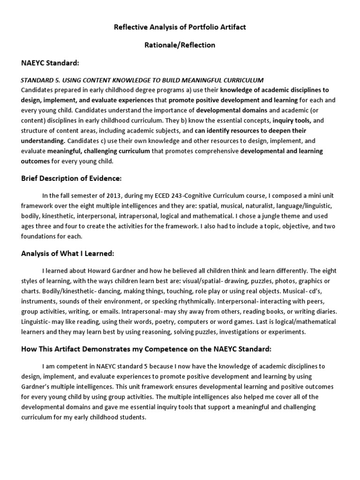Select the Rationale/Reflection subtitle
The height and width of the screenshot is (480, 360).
click(x=180, y=45)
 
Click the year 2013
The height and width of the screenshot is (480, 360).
click(x=111, y=195)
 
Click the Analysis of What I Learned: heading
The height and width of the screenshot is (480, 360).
click(x=67, y=254)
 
